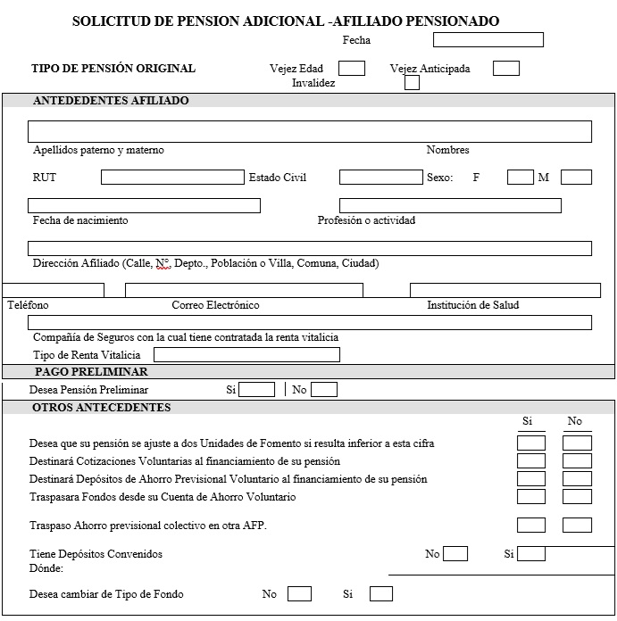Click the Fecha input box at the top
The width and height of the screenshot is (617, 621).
pos(488,39)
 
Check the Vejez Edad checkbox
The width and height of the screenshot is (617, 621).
pos(352,68)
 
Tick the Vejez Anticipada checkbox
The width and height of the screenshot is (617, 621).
pos(506,68)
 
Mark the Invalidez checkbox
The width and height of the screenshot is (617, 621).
pos(412,83)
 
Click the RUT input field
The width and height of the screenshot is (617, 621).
pos(172,177)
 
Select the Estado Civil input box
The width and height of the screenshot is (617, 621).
pos(380,177)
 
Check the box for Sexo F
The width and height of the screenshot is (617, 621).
pos(520,177)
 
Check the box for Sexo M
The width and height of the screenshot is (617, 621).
pos(576,177)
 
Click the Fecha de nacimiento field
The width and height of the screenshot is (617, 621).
pos(144,205)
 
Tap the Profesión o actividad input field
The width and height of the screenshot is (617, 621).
pos(450,205)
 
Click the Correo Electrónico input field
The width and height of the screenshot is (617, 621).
pos(244,290)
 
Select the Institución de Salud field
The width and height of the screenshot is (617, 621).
pos(504,290)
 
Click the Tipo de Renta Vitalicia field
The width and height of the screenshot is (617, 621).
pos(246,354)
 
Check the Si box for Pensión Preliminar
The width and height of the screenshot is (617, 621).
pos(257,389)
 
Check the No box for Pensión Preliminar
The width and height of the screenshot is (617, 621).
pos(324,389)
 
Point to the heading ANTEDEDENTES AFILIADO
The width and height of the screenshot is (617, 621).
pos(111,101)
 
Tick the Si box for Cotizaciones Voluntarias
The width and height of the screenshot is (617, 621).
pos(531,460)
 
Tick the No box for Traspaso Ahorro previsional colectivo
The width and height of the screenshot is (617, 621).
pos(577,525)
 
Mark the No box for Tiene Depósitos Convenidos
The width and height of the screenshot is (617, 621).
pos(455,553)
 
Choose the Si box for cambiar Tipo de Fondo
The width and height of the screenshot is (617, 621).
pos(381,593)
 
